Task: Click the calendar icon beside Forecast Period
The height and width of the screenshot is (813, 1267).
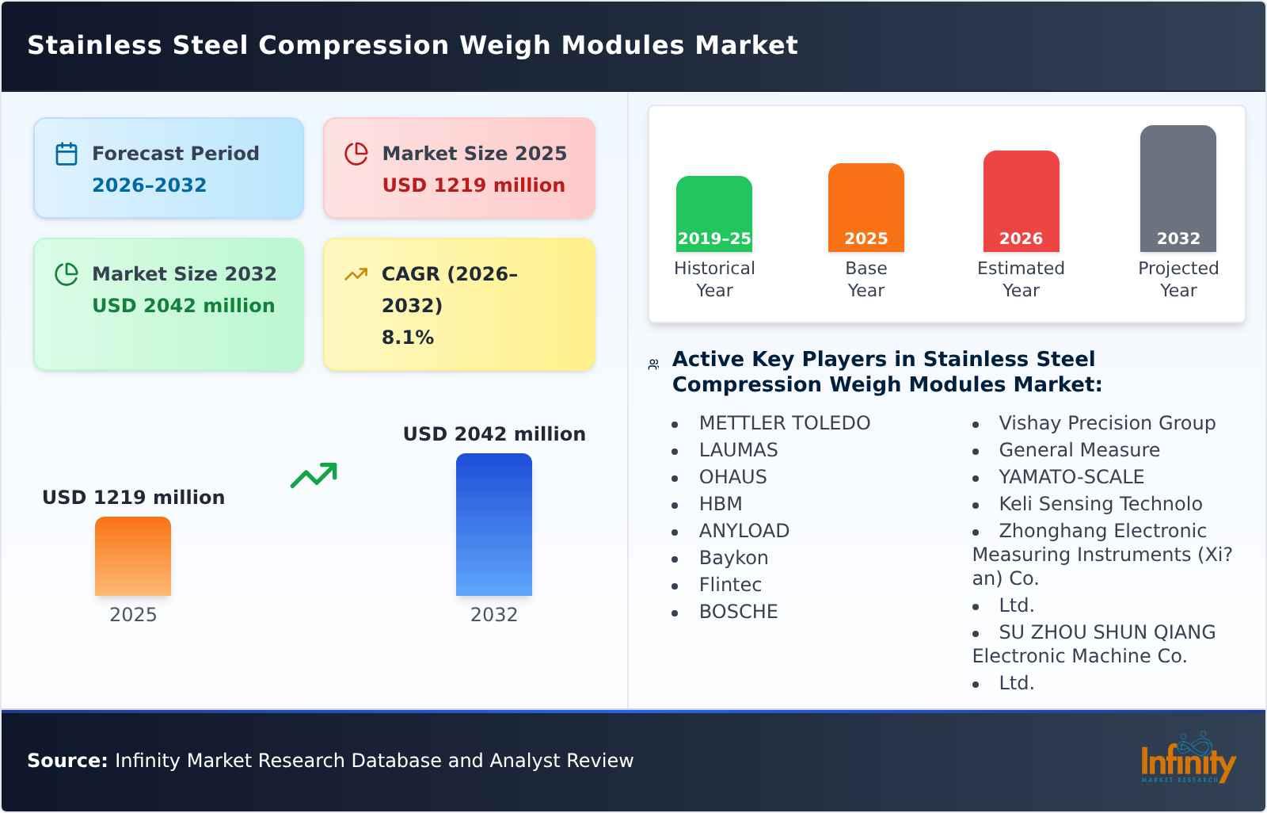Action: [x=67, y=154]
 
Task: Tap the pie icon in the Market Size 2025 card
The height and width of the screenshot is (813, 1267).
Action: [x=356, y=154]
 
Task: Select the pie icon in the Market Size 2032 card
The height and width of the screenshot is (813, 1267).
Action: [x=67, y=274]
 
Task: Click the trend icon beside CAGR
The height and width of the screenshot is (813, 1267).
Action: [x=356, y=274]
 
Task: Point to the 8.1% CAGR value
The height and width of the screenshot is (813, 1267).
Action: [x=408, y=338]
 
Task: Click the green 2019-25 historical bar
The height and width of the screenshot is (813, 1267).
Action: [x=714, y=214]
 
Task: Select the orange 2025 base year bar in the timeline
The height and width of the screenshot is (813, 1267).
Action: [x=866, y=208]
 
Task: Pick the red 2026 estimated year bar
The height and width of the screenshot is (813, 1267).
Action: [x=1021, y=201]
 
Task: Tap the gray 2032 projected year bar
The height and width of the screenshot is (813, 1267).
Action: [x=1178, y=189]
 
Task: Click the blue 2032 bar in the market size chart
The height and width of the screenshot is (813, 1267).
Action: [x=494, y=525]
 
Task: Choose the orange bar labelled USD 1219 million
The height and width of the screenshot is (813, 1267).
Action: [x=133, y=556]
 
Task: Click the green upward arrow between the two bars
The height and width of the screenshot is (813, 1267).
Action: [x=314, y=475]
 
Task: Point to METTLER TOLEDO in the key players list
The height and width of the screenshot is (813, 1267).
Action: [x=784, y=423]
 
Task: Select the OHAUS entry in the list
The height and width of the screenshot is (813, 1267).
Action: [x=732, y=477]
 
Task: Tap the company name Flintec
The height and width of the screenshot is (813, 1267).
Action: [x=730, y=585]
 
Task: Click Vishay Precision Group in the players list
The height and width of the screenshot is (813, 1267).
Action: [x=1106, y=423]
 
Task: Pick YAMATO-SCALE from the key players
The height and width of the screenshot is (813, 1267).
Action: [x=1071, y=477]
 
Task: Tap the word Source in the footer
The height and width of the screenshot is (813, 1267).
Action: [x=67, y=761]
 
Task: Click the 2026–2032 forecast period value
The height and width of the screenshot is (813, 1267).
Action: [x=149, y=185]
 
